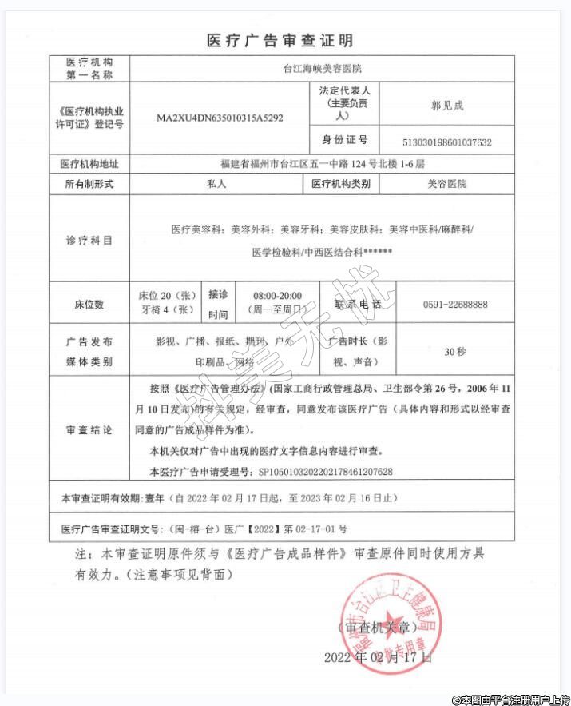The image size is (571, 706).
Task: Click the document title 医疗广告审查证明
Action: coord(280,40)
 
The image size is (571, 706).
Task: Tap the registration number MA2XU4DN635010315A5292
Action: coord(220,118)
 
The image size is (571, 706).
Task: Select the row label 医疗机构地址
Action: coord(89,164)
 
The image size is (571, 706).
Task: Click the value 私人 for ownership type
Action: coord(217,184)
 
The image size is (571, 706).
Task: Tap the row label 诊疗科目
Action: coord(89,240)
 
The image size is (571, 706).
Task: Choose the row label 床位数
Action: coord(89,305)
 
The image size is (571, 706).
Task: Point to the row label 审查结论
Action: coord(89,429)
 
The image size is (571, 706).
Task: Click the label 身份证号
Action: coord(345,140)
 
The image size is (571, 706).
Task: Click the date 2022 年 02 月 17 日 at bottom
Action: coord(378,658)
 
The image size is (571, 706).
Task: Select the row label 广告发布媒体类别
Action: coord(89,351)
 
